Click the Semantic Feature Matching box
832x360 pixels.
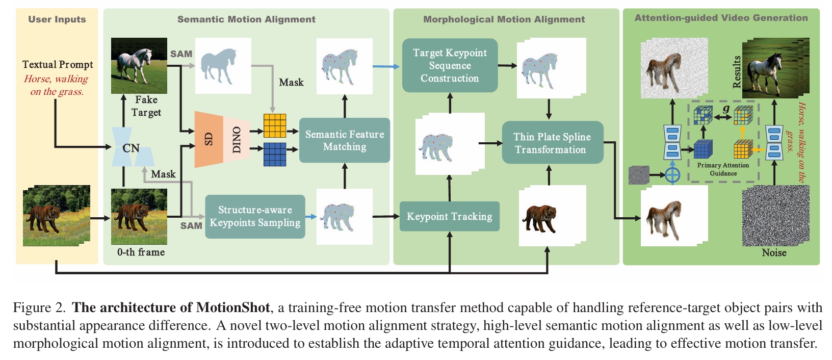[x=344, y=140]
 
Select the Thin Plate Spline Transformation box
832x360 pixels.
[x=552, y=143]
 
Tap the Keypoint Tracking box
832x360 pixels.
[x=449, y=217]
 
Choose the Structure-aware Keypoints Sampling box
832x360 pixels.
[x=255, y=217]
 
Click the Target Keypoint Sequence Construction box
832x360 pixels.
[x=450, y=65]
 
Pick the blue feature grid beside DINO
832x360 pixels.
[x=274, y=154]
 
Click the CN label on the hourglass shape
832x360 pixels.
[x=131, y=148]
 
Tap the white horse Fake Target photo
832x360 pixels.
[x=139, y=65]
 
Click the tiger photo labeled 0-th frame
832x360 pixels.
[x=139, y=216]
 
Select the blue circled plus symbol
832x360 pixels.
[x=672, y=175]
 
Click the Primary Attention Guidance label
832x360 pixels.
[x=723, y=169]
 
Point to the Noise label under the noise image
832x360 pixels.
[x=774, y=253]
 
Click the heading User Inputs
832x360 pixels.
[x=57, y=19]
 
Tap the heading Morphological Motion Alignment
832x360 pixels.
[x=504, y=19]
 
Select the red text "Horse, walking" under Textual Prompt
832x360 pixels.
[x=56, y=79]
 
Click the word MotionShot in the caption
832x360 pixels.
[x=233, y=307]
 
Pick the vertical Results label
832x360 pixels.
[x=737, y=72]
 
